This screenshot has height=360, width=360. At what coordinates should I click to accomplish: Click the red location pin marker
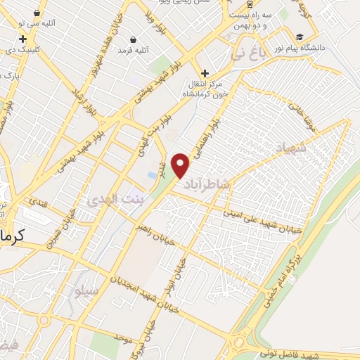[x=181, y=165]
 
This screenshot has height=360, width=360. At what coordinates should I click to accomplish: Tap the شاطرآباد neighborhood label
[x=207, y=185]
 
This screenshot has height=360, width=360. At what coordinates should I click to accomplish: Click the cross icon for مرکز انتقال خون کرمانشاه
[x=205, y=73]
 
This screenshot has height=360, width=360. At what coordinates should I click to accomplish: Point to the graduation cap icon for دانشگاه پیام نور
[x=300, y=37]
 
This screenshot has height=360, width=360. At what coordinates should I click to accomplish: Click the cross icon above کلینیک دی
[x=23, y=39]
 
